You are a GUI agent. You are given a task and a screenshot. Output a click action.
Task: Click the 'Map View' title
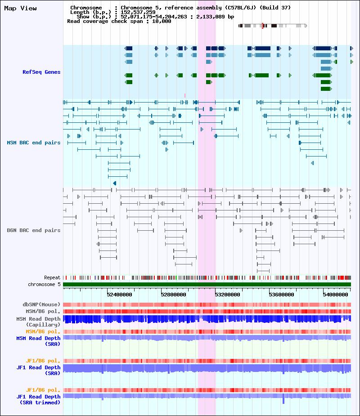(20, 8)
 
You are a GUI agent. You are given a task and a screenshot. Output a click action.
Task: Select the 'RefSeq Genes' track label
(41, 72)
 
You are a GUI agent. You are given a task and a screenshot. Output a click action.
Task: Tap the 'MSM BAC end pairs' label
(34, 143)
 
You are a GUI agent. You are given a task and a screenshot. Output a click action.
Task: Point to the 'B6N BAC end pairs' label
(34, 230)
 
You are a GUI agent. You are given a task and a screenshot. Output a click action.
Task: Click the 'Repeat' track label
(52, 278)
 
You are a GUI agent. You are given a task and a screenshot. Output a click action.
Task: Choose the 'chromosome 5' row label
(45, 284)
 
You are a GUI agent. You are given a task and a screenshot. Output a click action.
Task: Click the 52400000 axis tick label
(119, 295)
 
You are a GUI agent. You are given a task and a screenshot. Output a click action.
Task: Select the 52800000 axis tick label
(174, 295)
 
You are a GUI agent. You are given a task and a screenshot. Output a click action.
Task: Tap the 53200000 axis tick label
(228, 295)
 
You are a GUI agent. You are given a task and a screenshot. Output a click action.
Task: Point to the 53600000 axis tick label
(281, 295)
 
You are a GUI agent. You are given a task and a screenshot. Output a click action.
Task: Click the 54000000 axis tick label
(336, 295)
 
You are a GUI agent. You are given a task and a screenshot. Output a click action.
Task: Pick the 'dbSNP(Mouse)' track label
(42, 304)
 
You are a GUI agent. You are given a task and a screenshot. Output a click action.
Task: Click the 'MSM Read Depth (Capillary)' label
(39, 322)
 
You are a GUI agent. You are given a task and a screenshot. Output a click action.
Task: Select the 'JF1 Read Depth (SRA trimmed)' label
(39, 399)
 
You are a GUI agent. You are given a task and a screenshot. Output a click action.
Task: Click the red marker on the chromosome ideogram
(262, 26)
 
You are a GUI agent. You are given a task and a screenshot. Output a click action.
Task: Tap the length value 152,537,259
(138, 12)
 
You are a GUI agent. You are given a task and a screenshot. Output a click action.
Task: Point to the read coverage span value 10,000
(162, 21)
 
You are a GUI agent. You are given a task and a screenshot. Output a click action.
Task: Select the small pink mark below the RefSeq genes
(185, 95)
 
